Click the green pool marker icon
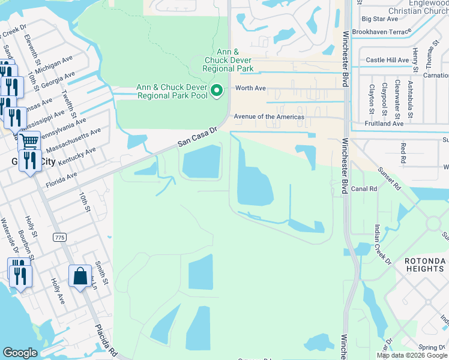(218, 91)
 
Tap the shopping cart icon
(29, 142)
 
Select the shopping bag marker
(80, 277)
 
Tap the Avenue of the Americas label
(269, 117)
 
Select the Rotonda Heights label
(424, 265)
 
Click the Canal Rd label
(364, 188)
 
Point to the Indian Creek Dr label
(382, 245)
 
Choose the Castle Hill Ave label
(387, 60)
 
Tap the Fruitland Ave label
(384, 124)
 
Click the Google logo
(20, 353)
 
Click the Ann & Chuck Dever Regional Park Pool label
(172, 91)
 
